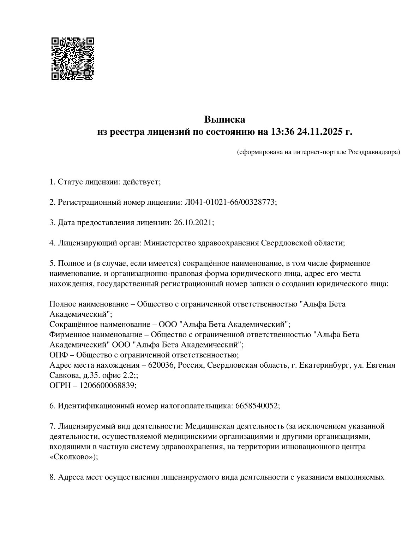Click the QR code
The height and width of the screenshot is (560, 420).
pyautogui.click(x=73, y=58)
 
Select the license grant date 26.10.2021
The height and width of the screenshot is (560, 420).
pyautogui.click(x=192, y=223)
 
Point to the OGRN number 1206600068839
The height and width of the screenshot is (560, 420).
pyautogui.click(x=107, y=385)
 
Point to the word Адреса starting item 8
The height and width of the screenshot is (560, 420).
pyautogui.click(x=71, y=477)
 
